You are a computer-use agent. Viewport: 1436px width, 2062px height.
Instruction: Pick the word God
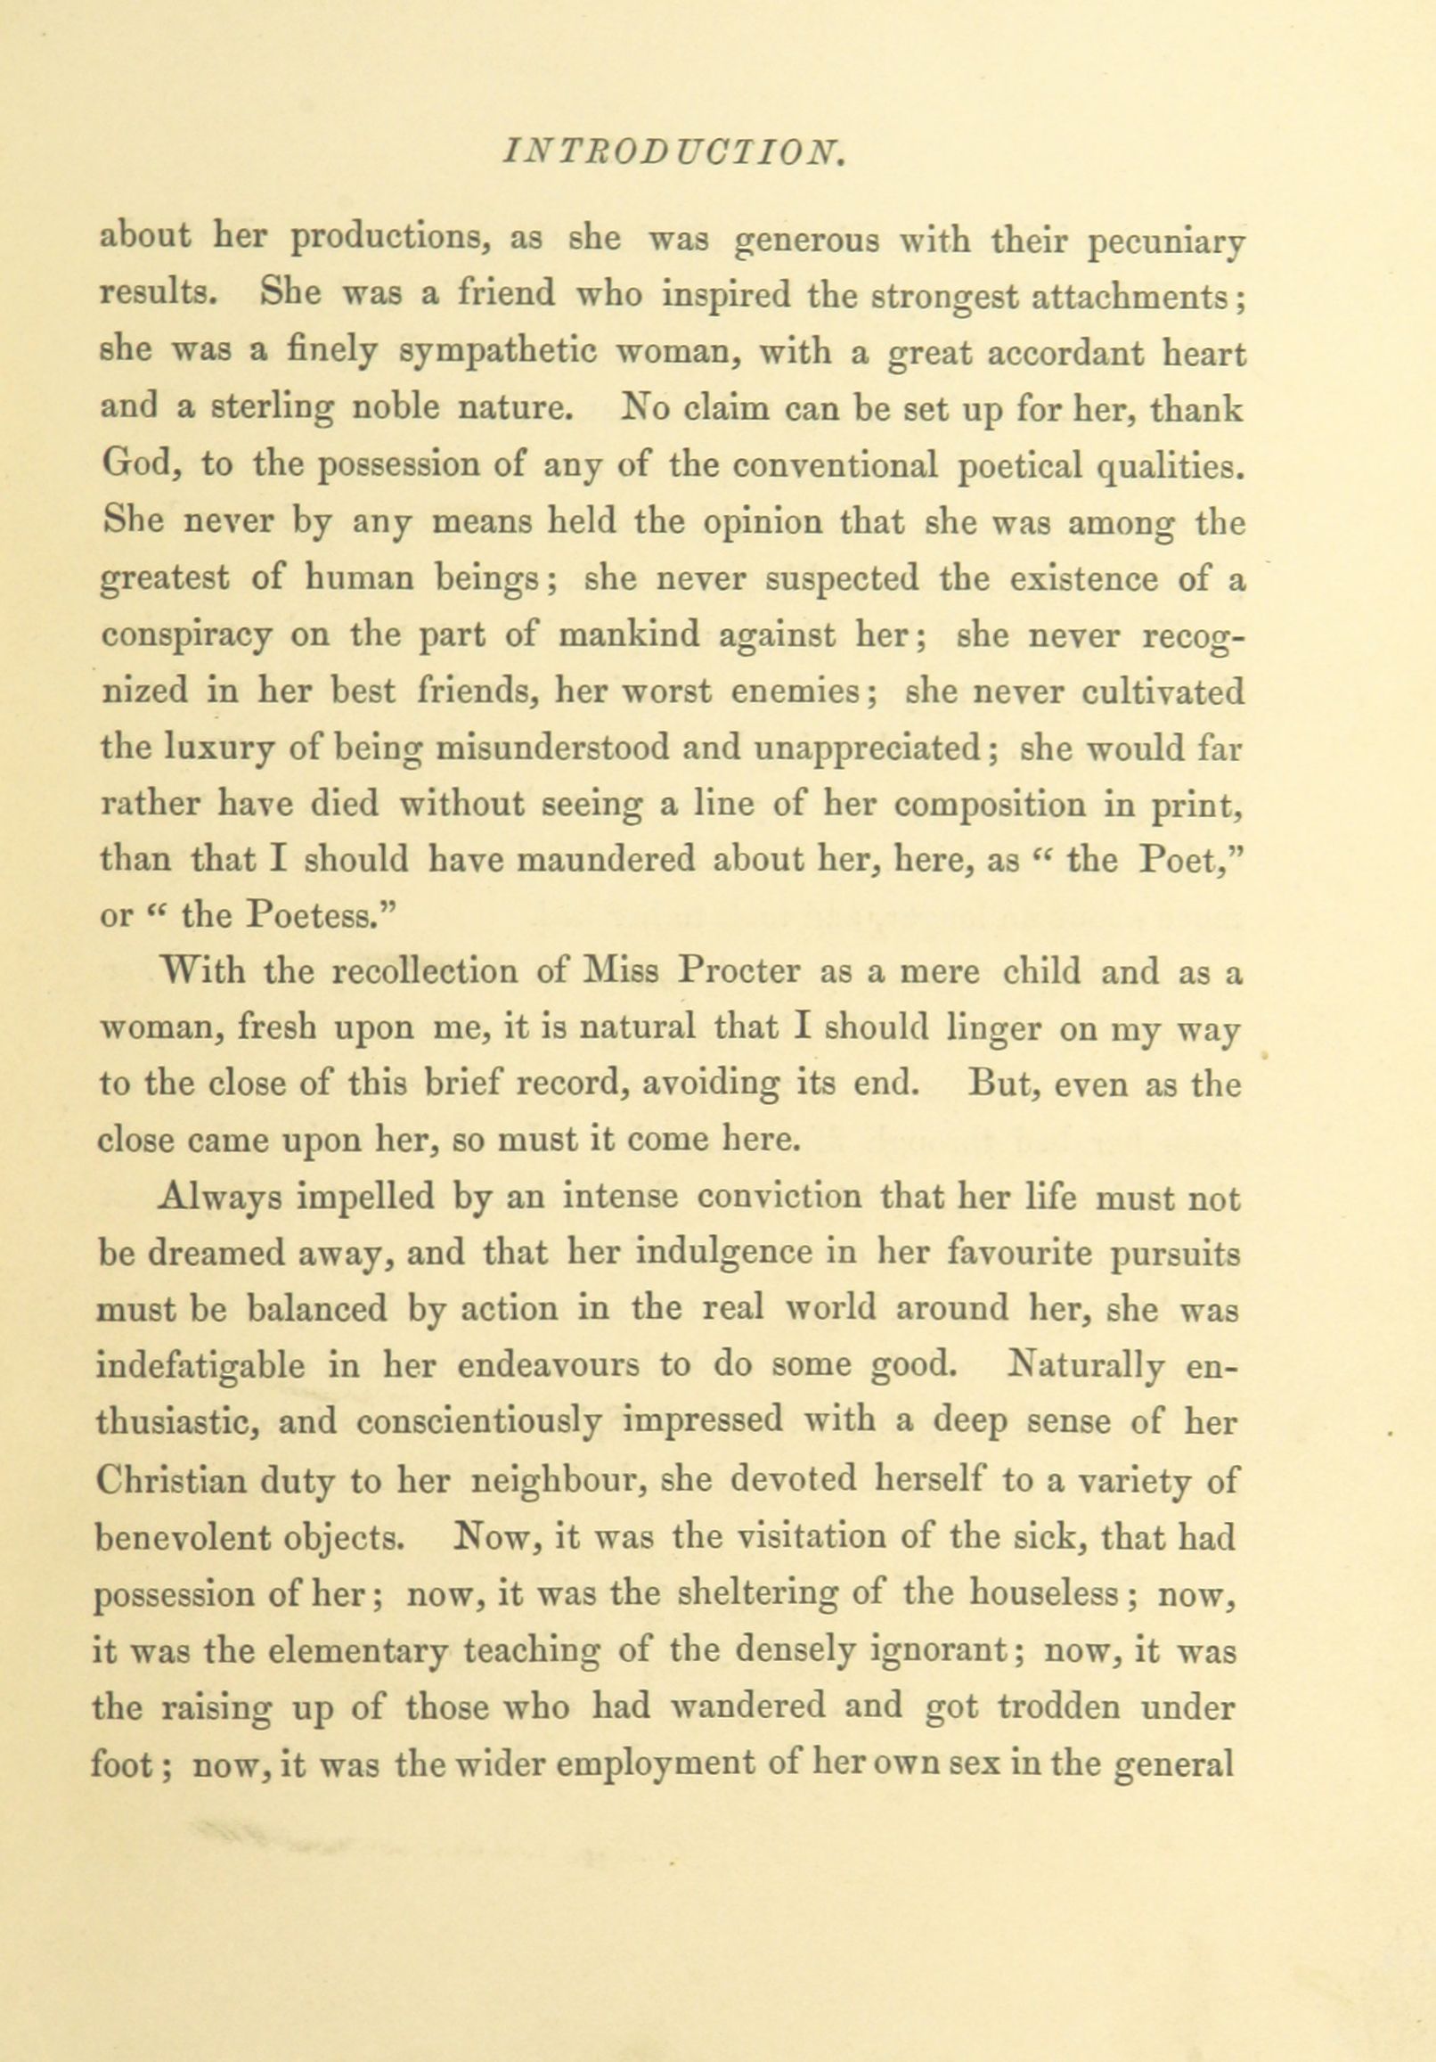coord(132,466)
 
